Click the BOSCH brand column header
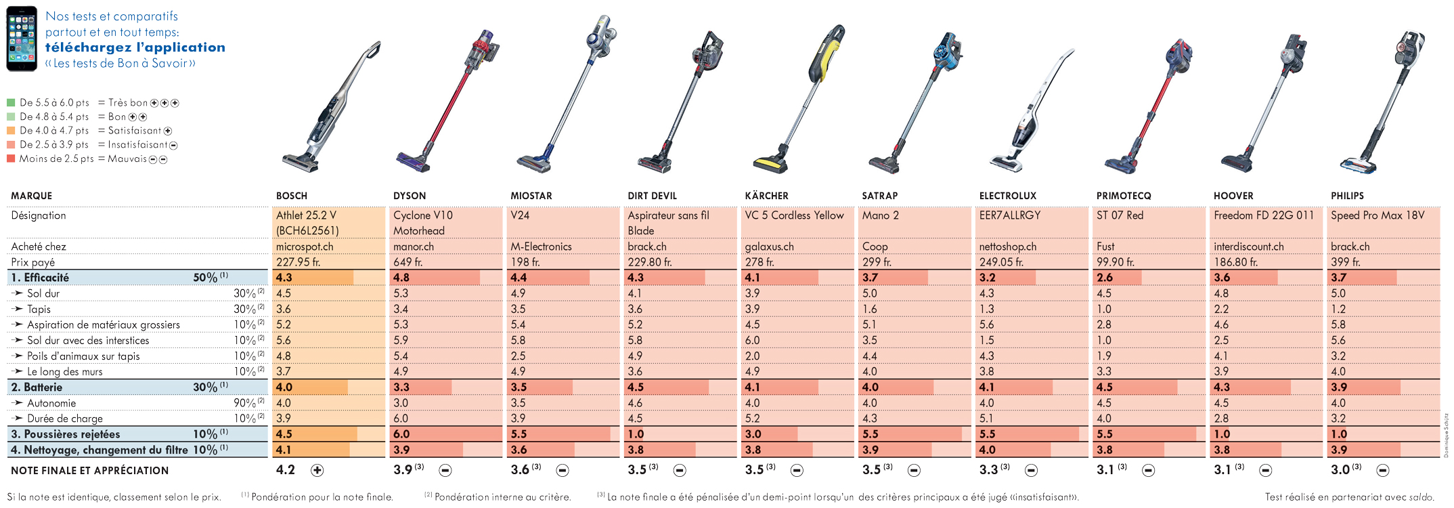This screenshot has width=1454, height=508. point(292,196)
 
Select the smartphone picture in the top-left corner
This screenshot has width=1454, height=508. point(22,39)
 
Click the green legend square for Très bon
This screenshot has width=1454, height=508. point(11,103)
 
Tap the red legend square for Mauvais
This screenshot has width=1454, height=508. point(11,159)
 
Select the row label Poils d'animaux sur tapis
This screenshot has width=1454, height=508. point(83,356)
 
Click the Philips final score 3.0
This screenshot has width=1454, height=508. point(1340,470)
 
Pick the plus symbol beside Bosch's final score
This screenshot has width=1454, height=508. point(317,470)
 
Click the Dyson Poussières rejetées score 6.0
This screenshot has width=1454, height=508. point(401,434)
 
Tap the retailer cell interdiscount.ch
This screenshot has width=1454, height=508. point(1249,247)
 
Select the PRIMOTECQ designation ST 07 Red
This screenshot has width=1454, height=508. point(1120,215)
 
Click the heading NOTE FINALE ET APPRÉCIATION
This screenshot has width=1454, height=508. point(90,471)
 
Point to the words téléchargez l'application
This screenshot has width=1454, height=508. point(135,47)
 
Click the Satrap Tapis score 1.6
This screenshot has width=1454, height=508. point(870,309)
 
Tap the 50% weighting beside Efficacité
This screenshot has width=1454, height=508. point(205,278)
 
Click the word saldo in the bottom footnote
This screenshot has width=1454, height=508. point(1419,497)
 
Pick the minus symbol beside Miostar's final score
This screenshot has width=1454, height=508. point(563,470)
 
